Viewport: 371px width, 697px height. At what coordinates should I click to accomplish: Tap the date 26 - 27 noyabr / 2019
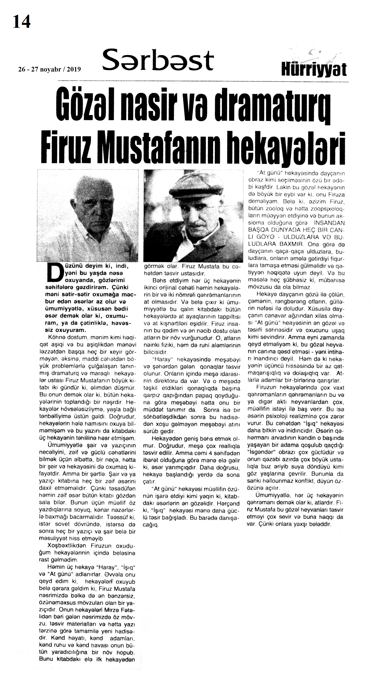pos(49,69)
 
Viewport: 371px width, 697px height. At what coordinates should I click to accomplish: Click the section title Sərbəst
pos(158,60)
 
